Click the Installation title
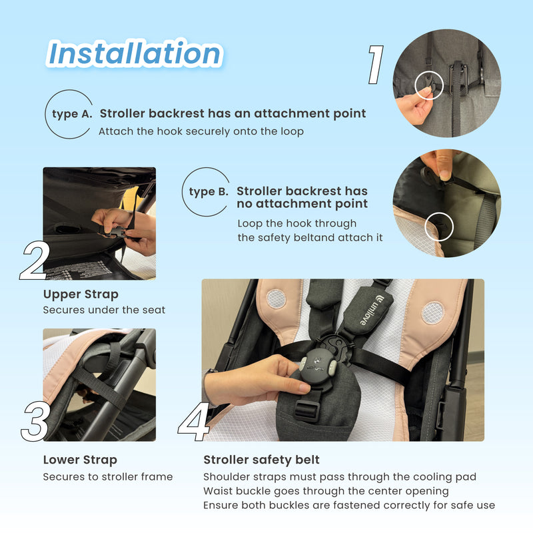pyautogui.click(x=135, y=54)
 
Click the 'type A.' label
pyautogui.click(x=72, y=113)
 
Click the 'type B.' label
pyautogui.click(x=209, y=192)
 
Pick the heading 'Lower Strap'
pyautogui.click(x=80, y=460)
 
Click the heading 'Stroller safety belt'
pyautogui.click(x=262, y=460)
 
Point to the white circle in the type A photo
pyautogui.click(x=428, y=85)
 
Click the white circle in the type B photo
pyautogui.click(x=438, y=227)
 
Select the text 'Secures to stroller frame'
pyautogui.click(x=108, y=476)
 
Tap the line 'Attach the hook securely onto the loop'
pyautogui.click(x=201, y=131)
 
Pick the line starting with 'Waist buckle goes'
pyautogui.click(x=326, y=491)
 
